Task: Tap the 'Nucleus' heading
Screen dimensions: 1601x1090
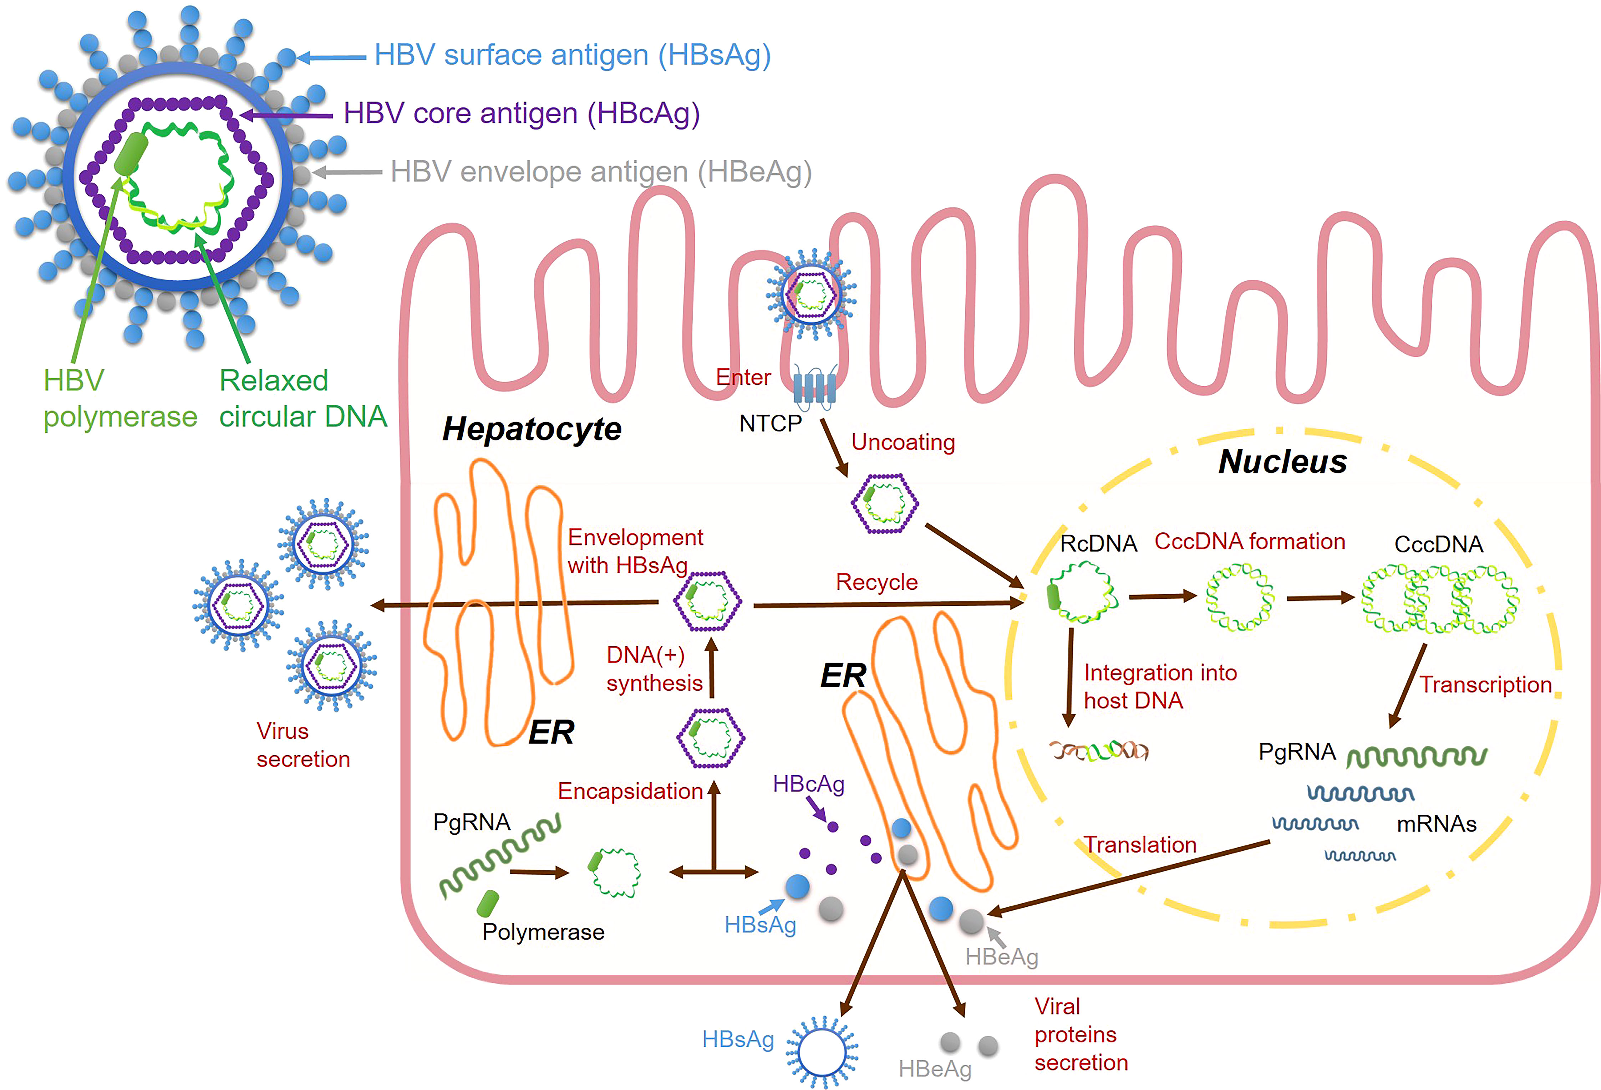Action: (x=1283, y=461)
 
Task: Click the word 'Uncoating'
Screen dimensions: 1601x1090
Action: (x=903, y=442)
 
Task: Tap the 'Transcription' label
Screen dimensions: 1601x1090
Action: (x=1485, y=685)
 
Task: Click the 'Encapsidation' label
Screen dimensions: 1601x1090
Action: (x=630, y=791)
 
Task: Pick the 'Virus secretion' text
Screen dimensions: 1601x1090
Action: (x=303, y=745)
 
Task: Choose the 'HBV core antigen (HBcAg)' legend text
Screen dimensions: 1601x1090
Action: (x=522, y=114)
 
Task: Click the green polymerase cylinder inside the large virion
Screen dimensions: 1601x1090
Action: (x=131, y=154)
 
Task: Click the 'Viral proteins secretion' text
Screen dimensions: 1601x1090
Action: (x=1081, y=1034)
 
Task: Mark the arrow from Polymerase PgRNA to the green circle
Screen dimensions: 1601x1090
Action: (x=539, y=872)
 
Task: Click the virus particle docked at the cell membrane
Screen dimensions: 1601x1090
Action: (x=812, y=294)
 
